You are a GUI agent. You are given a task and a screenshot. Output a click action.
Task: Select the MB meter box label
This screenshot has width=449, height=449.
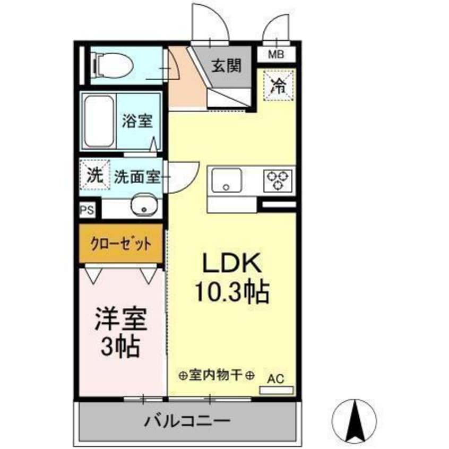(275, 54)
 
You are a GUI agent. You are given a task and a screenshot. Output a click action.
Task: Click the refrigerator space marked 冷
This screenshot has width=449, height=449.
(278, 84)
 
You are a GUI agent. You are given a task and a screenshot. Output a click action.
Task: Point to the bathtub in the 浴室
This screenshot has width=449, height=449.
(98, 122)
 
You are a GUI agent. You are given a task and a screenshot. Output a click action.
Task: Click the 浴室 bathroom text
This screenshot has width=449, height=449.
(137, 122)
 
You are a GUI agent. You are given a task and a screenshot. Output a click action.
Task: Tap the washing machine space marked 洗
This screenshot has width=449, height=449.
(94, 176)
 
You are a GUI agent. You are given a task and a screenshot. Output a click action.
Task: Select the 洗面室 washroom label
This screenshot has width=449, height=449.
(137, 177)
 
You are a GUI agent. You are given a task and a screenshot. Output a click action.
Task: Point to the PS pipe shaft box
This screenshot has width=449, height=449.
(87, 210)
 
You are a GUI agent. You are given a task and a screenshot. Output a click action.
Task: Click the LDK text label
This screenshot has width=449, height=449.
(231, 263)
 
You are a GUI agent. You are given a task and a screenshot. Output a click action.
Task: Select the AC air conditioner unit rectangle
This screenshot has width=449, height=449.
(276, 390)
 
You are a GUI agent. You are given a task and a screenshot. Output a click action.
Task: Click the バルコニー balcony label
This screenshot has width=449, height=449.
(187, 422)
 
